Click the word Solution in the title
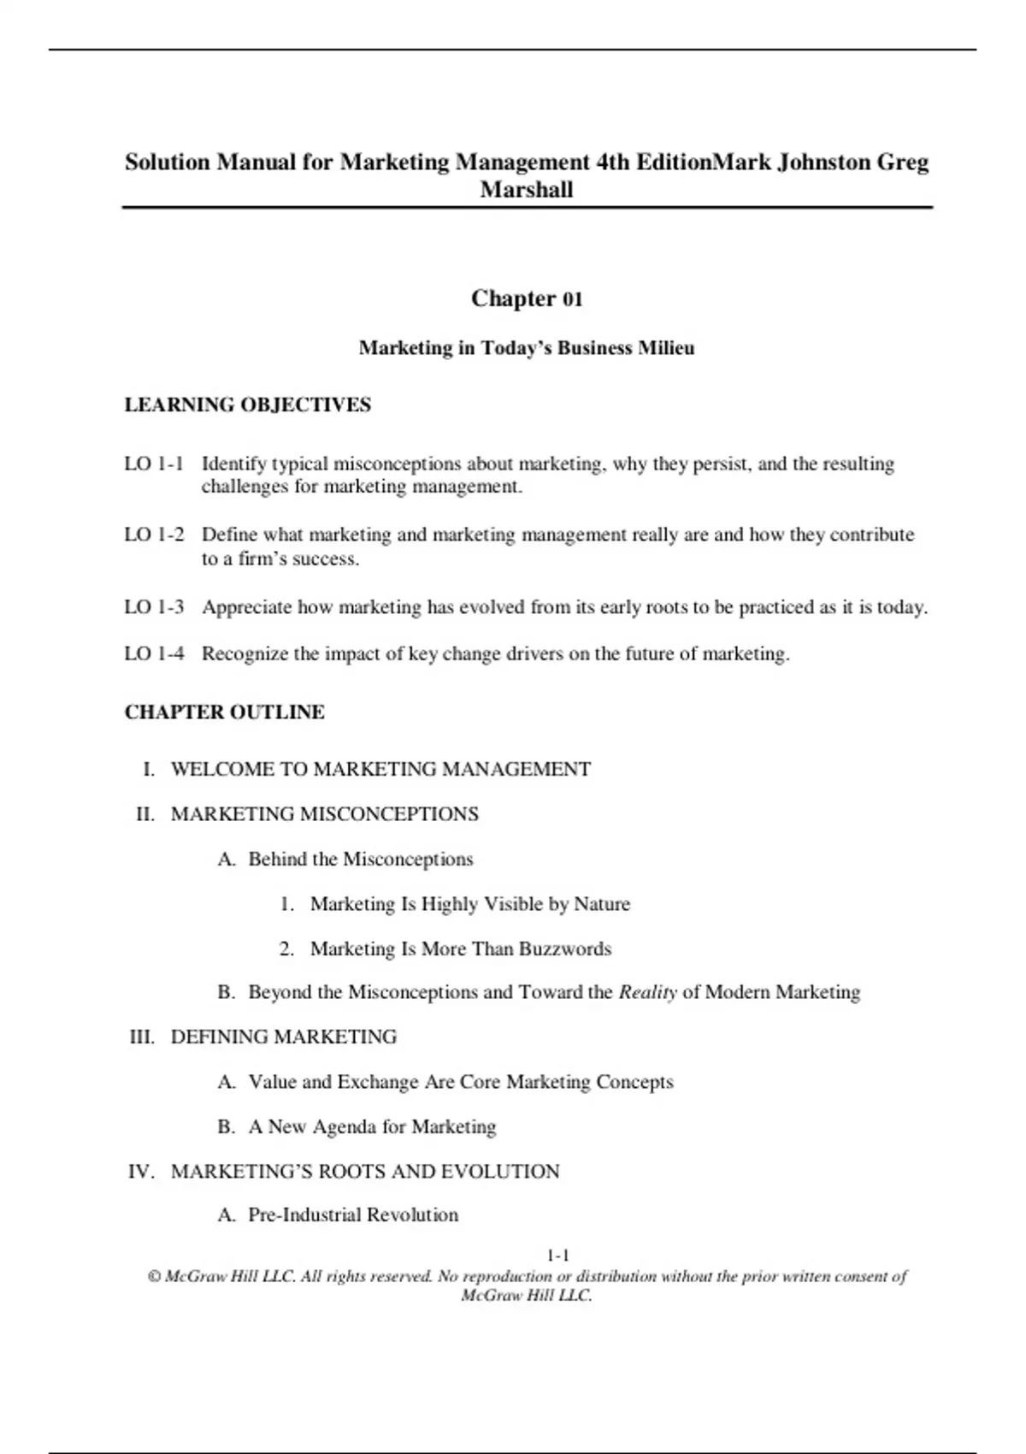coord(167,162)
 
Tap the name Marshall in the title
coord(526,190)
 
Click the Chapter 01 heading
coord(526,298)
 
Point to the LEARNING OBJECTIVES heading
coord(247,405)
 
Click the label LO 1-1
coord(154,464)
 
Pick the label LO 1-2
coord(154,535)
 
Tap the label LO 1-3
coord(154,607)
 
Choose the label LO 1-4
coord(154,654)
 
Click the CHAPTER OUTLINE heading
coord(224,712)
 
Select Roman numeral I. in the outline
coord(149,769)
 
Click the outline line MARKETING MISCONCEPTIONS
coord(324,814)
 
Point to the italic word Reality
coord(647,992)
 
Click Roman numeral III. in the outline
coord(142,1037)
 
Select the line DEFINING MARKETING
coord(283,1037)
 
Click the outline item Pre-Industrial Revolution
coord(352,1215)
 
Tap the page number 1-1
coord(558,1256)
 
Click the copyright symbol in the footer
coord(154,1276)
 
